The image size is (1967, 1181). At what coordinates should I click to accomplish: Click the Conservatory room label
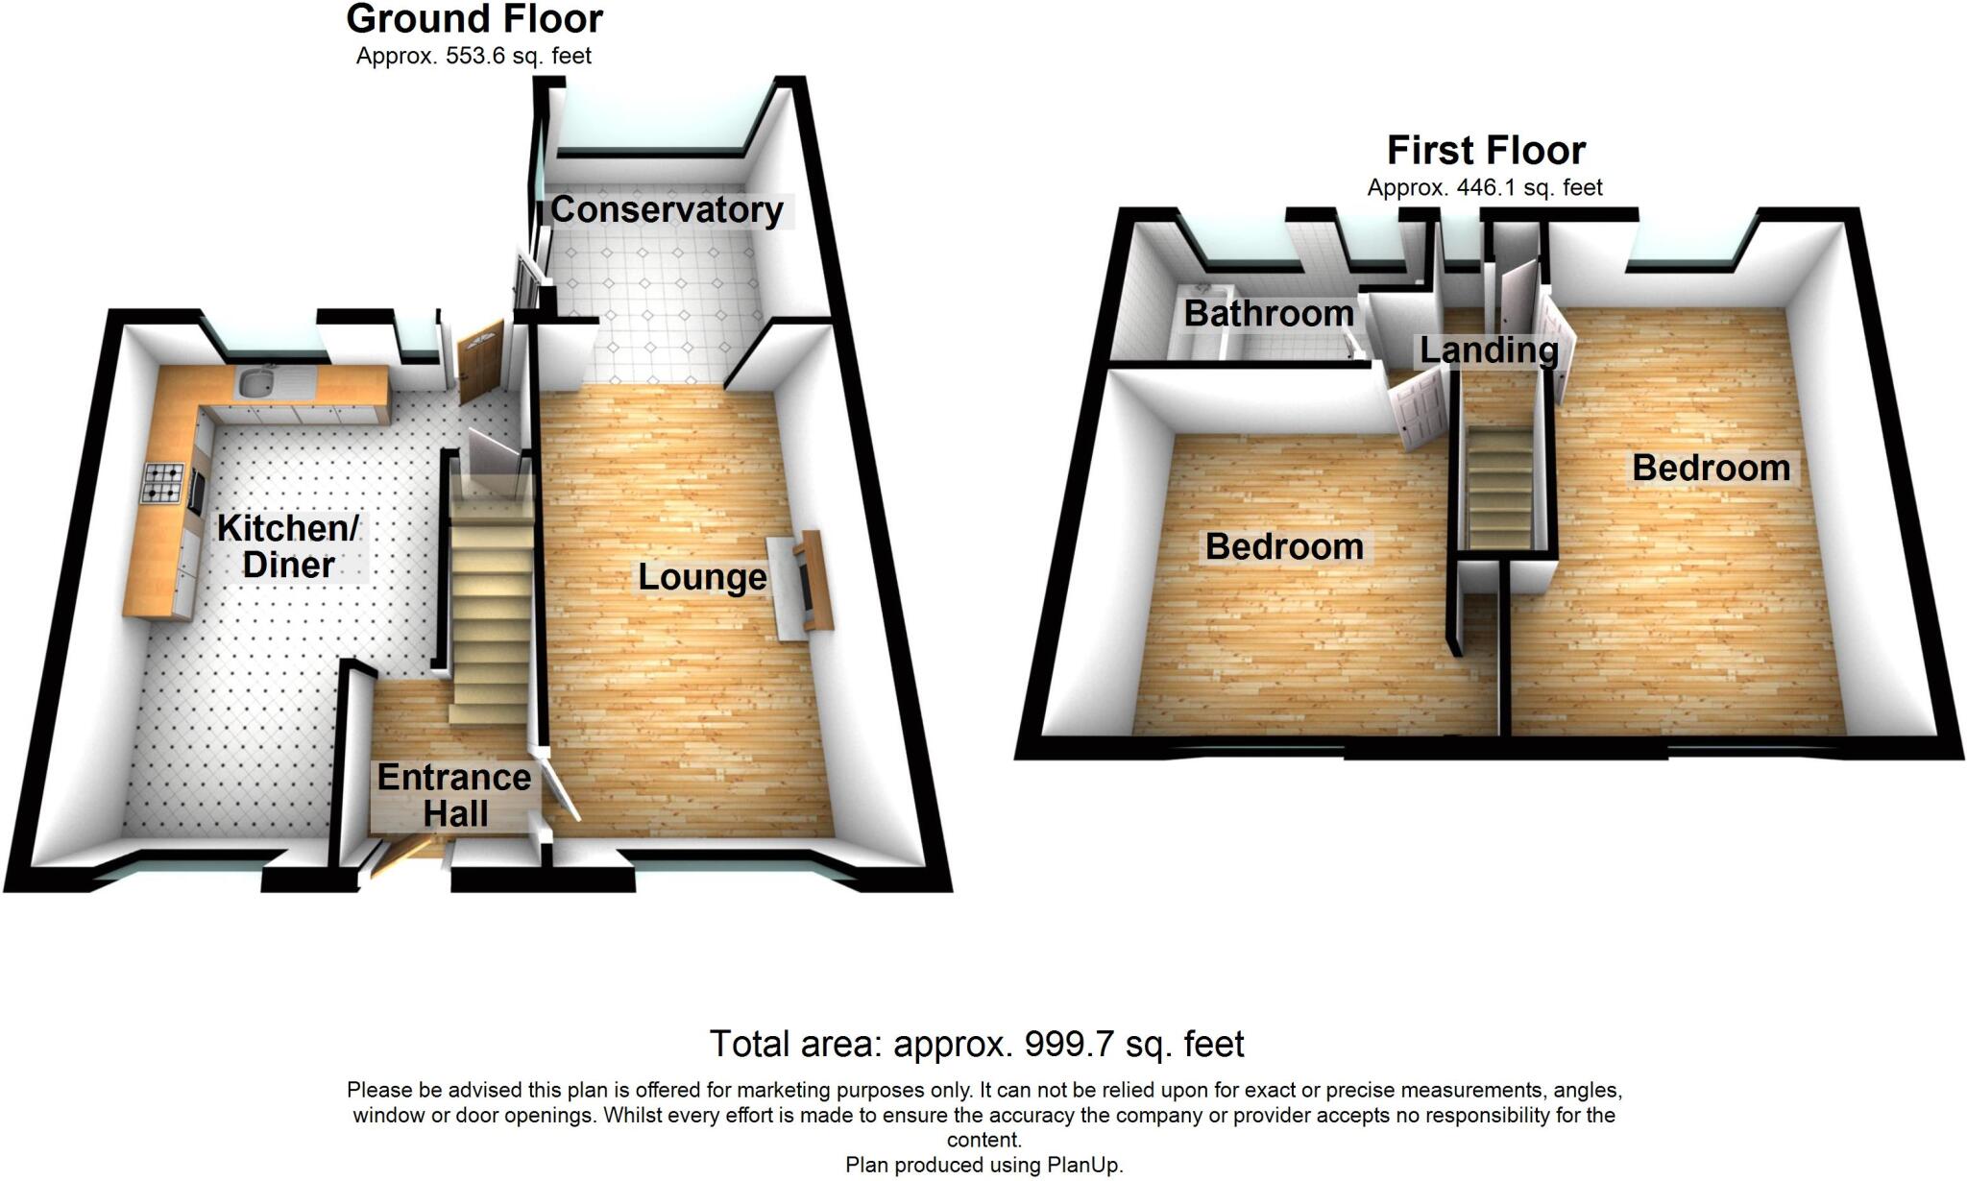667,209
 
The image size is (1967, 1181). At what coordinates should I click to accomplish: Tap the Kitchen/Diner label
288,545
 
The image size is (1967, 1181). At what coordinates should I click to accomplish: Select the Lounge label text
702,577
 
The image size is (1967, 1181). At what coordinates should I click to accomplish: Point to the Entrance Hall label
454,795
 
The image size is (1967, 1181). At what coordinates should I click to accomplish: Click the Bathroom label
1269,313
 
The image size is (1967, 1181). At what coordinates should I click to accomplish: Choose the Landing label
1489,350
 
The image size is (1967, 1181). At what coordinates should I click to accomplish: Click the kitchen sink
255,382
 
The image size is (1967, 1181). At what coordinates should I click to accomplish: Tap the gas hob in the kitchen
164,484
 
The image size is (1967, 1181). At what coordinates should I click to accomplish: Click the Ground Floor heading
474,19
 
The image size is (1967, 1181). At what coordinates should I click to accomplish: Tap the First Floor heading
1486,151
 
